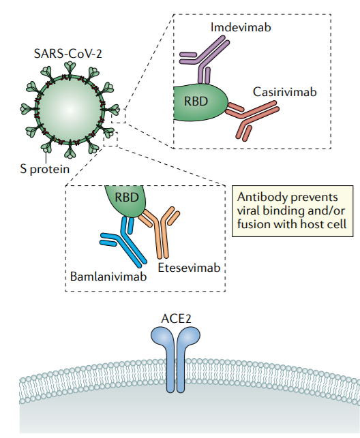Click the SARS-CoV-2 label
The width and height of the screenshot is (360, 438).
click(x=68, y=54)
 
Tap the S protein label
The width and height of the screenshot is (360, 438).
click(x=45, y=170)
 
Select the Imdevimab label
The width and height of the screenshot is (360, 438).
click(x=241, y=27)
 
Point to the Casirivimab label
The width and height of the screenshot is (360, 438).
click(x=285, y=92)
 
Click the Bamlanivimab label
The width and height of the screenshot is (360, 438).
click(x=108, y=277)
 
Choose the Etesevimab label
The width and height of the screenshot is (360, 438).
click(x=190, y=267)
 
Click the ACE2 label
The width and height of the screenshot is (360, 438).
click(x=176, y=319)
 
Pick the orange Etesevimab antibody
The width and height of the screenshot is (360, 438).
click(x=162, y=229)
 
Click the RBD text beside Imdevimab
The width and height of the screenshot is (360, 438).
click(x=196, y=101)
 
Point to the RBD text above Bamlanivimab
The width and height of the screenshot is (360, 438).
click(x=127, y=198)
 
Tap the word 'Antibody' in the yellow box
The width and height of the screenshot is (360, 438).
click(x=259, y=198)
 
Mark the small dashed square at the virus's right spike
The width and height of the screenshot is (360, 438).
click(x=119, y=116)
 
